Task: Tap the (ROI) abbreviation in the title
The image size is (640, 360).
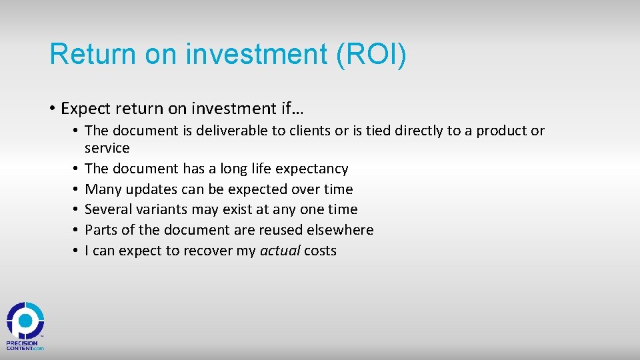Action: click(x=371, y=54)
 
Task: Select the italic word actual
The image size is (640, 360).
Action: click(x=280, y=251)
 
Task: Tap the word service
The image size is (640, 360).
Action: click(x=107, y=148)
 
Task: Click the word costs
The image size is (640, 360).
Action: click(x=320, y=251)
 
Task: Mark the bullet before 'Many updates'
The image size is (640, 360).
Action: click(x=77, y=189)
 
